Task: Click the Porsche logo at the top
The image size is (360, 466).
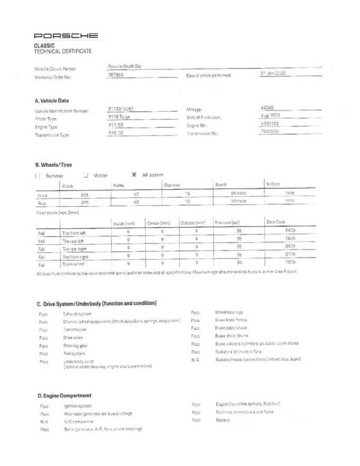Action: [67, 37]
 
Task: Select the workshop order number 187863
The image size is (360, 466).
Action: [116, 76]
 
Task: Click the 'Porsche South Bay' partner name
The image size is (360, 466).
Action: [125, 66]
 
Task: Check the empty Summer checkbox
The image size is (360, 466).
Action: [38, 175]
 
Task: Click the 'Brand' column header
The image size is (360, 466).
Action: [220, 185]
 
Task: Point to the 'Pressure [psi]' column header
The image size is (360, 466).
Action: [227, 222]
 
